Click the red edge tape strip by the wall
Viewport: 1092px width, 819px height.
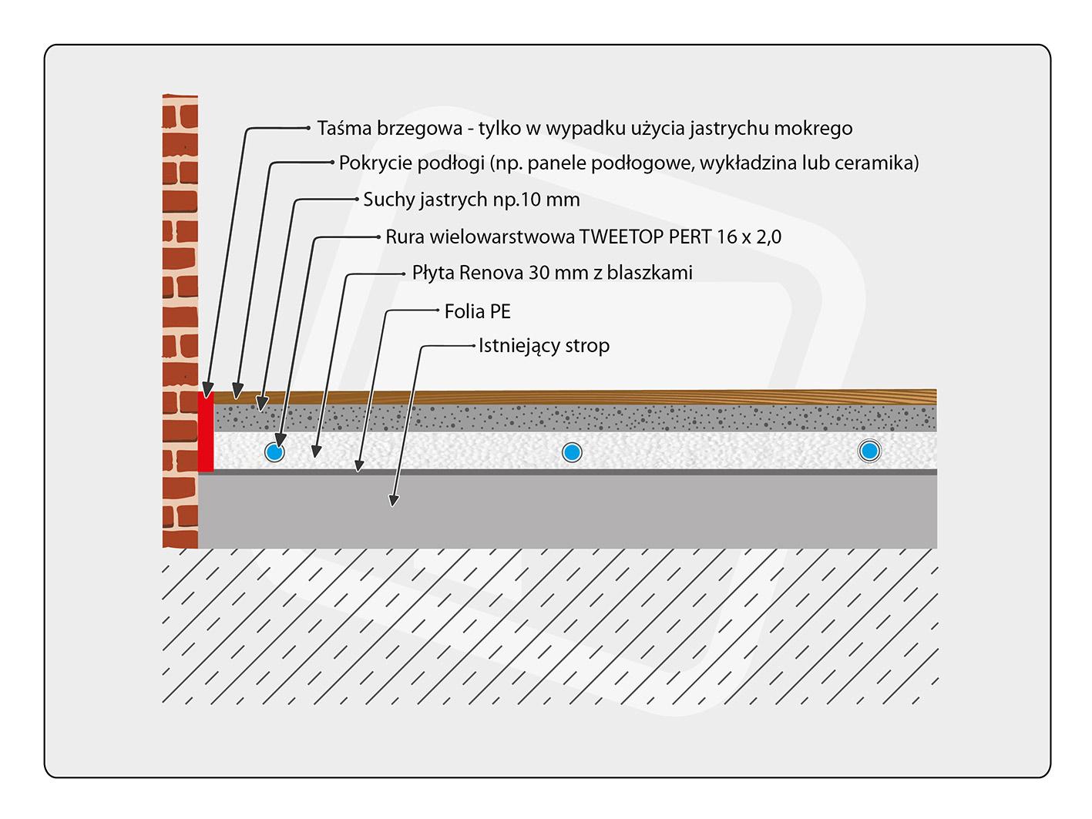tap(206, 431)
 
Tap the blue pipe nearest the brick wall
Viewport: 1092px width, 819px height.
tap(274, 452)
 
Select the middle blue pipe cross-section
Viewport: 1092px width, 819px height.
tap(572, 452)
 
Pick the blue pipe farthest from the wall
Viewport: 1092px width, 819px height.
tap(869, 451)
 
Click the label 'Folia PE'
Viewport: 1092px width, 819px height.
tap(477, 312)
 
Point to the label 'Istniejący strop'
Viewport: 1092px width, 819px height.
tap(544, 346)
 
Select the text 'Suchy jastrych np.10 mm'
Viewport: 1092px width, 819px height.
tap(471, 200)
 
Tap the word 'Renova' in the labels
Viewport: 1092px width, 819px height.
tap(491, 273)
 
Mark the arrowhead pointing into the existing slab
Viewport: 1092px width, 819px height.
tap(394, 500)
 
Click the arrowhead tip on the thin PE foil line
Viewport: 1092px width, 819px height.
tap(358, 471)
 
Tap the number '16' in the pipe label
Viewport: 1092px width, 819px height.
tap(727, 237)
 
